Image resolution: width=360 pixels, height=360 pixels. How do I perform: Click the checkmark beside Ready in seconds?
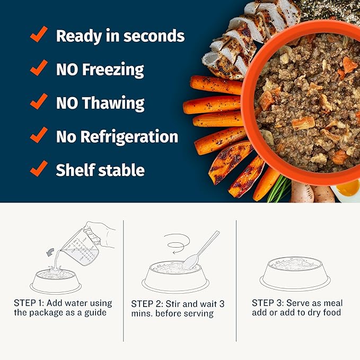39,35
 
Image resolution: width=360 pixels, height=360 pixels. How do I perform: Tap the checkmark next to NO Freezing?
39,68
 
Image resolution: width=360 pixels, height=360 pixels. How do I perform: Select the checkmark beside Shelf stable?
39,169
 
